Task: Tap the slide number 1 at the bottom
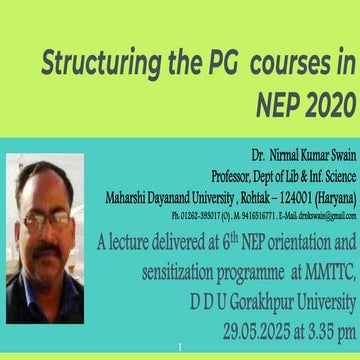pos(177,346)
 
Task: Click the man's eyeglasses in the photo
pos(46,216)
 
